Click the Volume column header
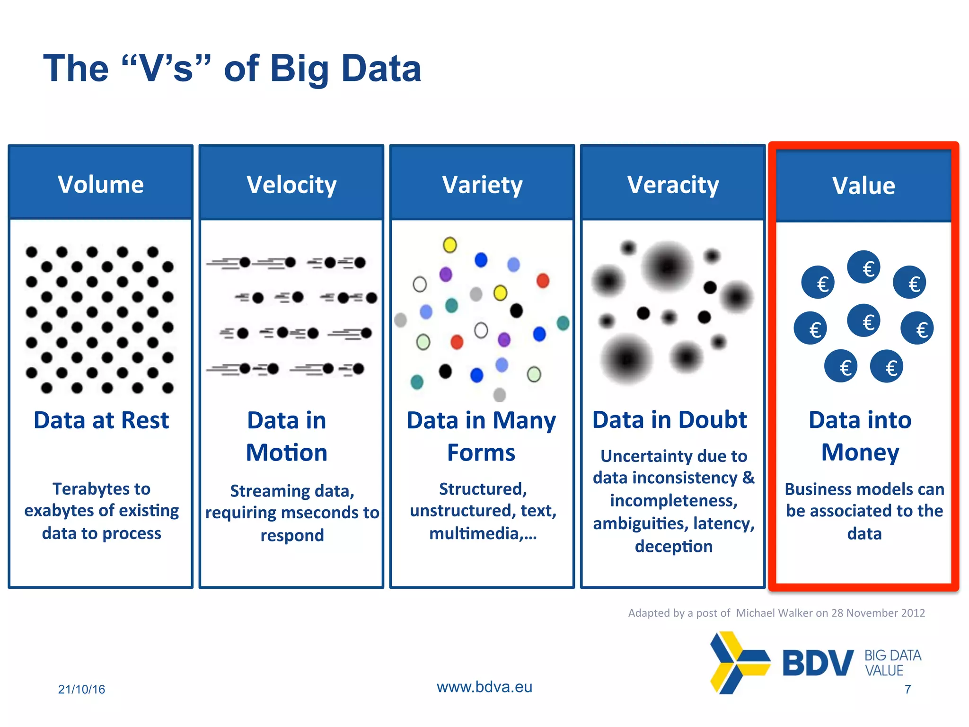(x=101, y=185)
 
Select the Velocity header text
(x=291, y=185)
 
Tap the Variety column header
(x=482, y=185)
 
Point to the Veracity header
(x=673, y=185)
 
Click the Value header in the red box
(x=863, y=186)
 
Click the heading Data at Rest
(x=101, y=420)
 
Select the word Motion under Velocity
(x=287, y=452)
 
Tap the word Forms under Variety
(x=481, y=452)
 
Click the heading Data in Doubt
(x=669, y=420)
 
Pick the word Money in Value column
(x=860, y=452)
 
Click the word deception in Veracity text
(x=673, y=546)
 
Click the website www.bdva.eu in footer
(x=484, y=687)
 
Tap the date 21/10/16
(x=81, y=689)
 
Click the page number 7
(x=907, y=689)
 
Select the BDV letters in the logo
(x=818, y=663)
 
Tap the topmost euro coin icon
(x=863, y=267)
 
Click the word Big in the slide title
(x=299, y=69)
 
